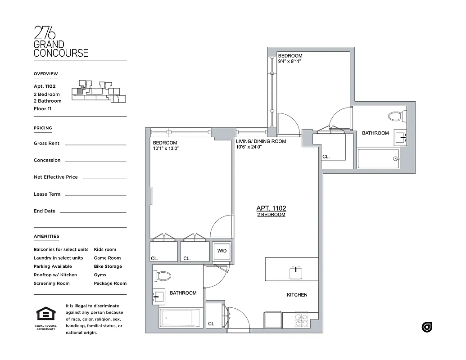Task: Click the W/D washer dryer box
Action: [x=222, y=251]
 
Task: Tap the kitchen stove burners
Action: [x=301, y=319]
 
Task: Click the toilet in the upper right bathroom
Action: [x=395, y=117]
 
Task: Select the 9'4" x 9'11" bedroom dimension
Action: [x=290, y=62]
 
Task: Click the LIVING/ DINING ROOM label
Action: [x=261, y=141]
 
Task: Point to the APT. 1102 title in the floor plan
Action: [x=271, y=208]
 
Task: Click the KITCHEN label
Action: [x=297, y=295]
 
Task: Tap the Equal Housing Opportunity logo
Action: [x=46, y=318]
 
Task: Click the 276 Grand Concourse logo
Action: [x=61, y=42]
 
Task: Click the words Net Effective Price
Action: [x=55, y=177]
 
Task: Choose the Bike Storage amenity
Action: [x=108, y=266]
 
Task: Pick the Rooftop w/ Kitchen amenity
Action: [x=55, y=275]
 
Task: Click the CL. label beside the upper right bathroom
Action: [x=326, y=157]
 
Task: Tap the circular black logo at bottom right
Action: [x=427, y=327]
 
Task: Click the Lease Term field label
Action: [x=47, y=194]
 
